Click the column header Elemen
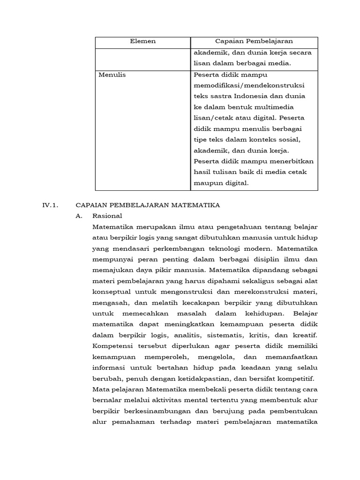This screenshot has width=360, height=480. point(142,41)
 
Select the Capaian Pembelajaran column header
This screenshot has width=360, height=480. point(254,41)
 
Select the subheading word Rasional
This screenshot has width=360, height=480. point(107,216)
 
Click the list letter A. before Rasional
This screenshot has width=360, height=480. point(79,216)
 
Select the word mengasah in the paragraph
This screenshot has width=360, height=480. point(109,302)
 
